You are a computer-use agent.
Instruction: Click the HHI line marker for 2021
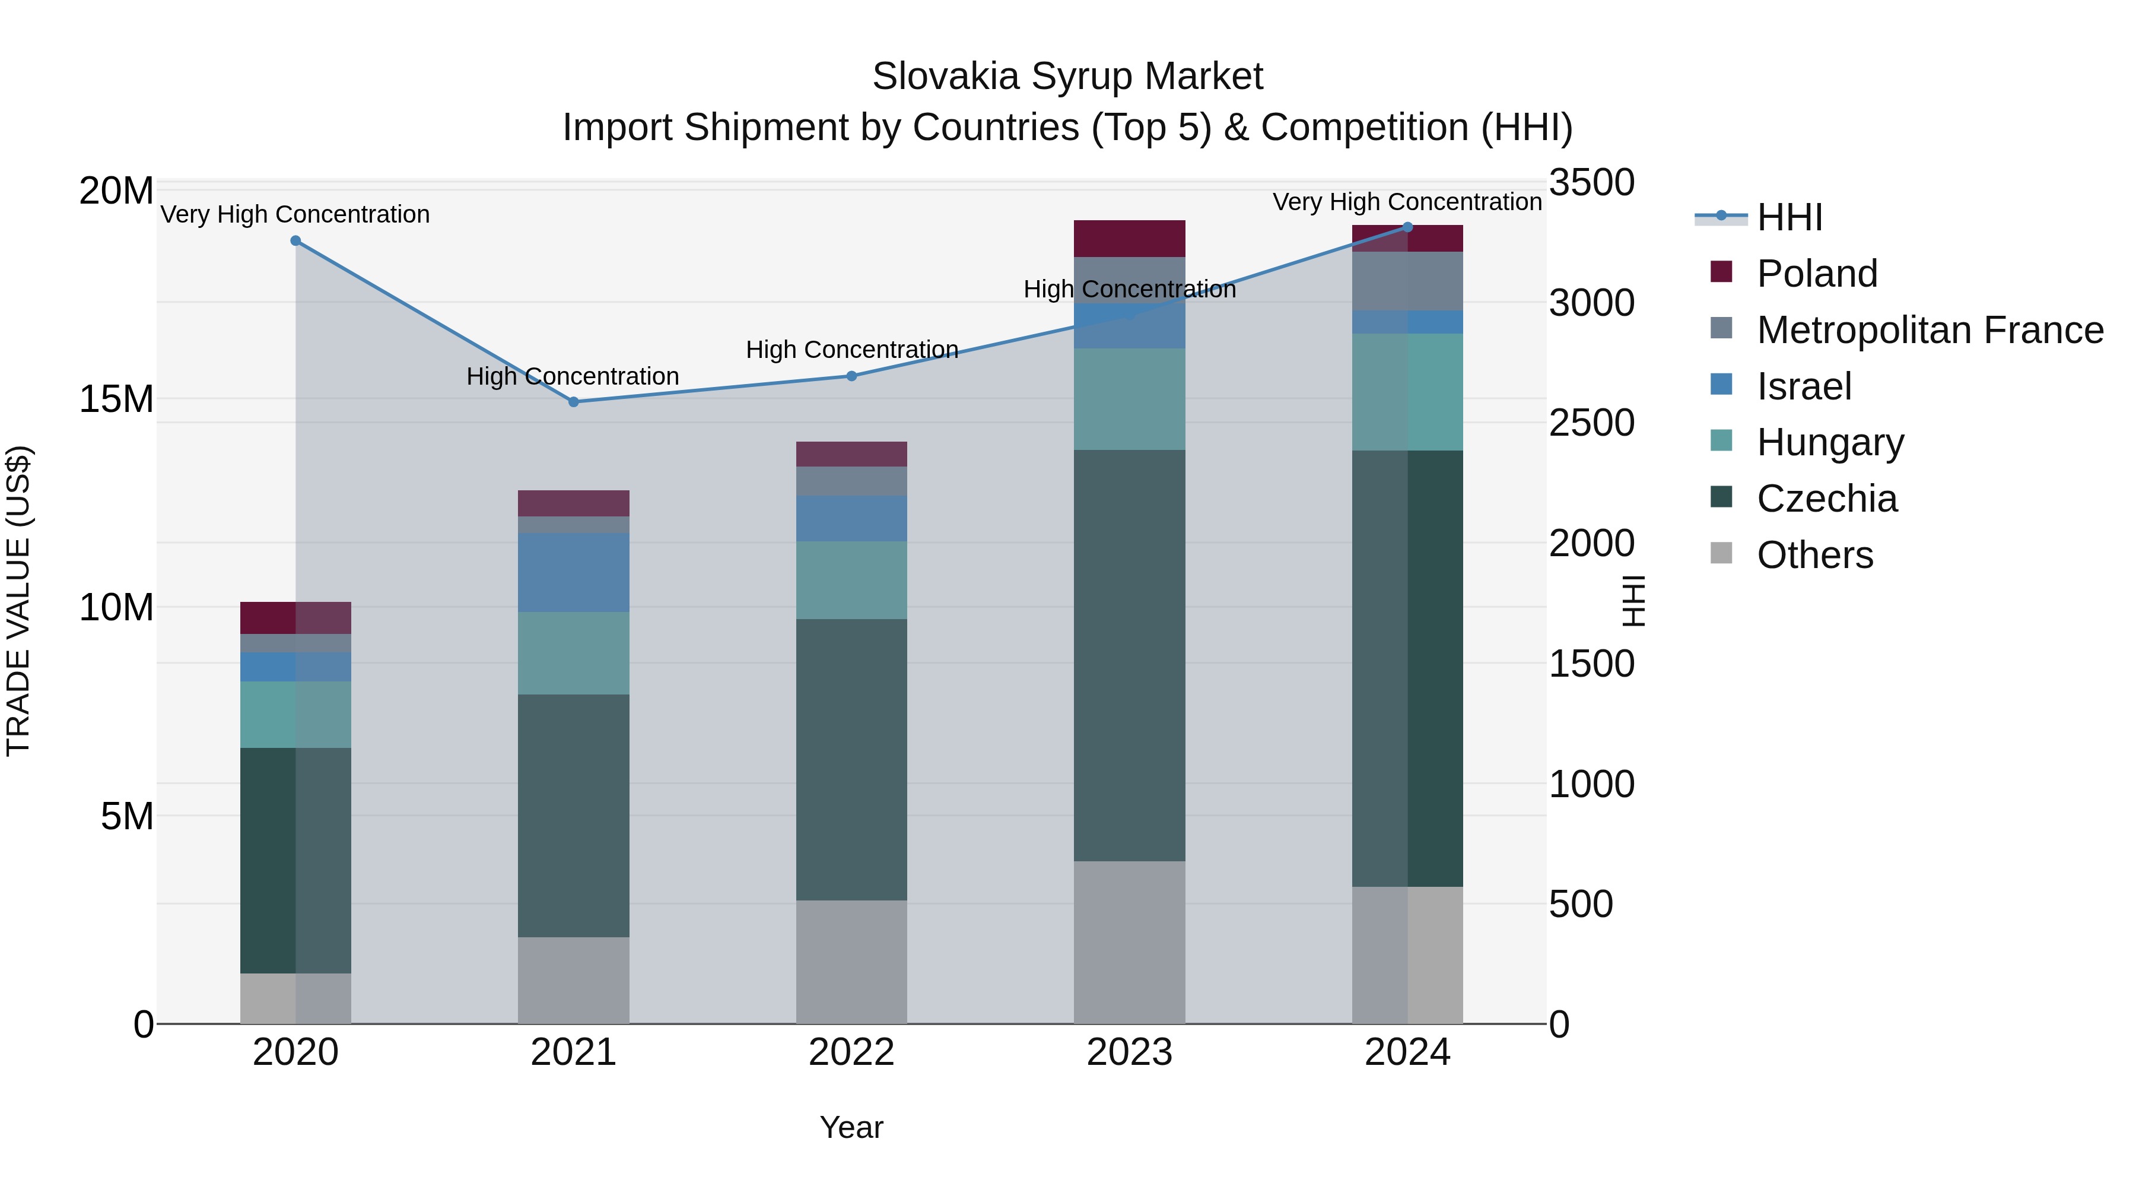(573, 401)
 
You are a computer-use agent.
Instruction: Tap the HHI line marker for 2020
(296, 240)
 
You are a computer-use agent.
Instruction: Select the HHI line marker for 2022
(851, 376)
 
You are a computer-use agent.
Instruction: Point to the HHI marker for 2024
(1407, 227)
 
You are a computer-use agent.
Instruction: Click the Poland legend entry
(1816, 274)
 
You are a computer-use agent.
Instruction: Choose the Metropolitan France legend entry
(1929, 330)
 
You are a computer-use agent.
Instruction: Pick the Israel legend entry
(1804, 386)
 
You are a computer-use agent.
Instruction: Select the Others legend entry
(1814, 555)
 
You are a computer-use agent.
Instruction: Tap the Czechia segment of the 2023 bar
(1129, 655)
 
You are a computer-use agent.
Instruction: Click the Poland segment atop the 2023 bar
(1129, 238)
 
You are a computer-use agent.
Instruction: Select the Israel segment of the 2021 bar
(573, 572)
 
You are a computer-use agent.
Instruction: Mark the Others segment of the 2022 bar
(851, 962)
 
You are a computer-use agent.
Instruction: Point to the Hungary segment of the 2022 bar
(851, 580)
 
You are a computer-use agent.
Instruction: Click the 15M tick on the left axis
(116, 399)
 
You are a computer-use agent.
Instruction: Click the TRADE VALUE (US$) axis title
(18, 601)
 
